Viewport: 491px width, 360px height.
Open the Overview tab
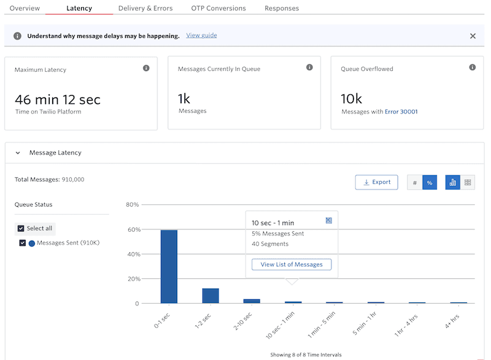[x=25, y=9]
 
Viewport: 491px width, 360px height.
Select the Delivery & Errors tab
[x=145, y=9]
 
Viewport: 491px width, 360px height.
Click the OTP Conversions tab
[x=218, y=9]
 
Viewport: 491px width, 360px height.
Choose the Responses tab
[x=282, y=9]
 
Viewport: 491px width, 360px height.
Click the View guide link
[x=201, y=36]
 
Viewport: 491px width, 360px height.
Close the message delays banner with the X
[x=473, y=36]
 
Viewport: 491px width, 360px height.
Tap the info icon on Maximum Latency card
[x=146, y=68]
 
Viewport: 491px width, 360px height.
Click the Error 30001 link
[x=401, y=112]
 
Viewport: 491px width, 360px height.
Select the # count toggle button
[x=415, y=182]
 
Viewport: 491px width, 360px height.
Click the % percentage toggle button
[x=430, y=182]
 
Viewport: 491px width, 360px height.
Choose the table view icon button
[x=468, y=182]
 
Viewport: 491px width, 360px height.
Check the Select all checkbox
[x=21, y=228]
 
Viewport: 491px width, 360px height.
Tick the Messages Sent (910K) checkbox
[x=23, y=243]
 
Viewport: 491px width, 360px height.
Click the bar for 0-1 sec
[x=169, y=266]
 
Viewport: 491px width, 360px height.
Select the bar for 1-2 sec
[x=211, y=296]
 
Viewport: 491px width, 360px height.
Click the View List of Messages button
[x=292, y=264]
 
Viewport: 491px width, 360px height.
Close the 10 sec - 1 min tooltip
[x=329, y=221]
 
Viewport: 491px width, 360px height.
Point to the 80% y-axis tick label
[x=133, y=205]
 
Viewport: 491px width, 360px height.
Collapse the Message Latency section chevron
[x=18, y=153]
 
